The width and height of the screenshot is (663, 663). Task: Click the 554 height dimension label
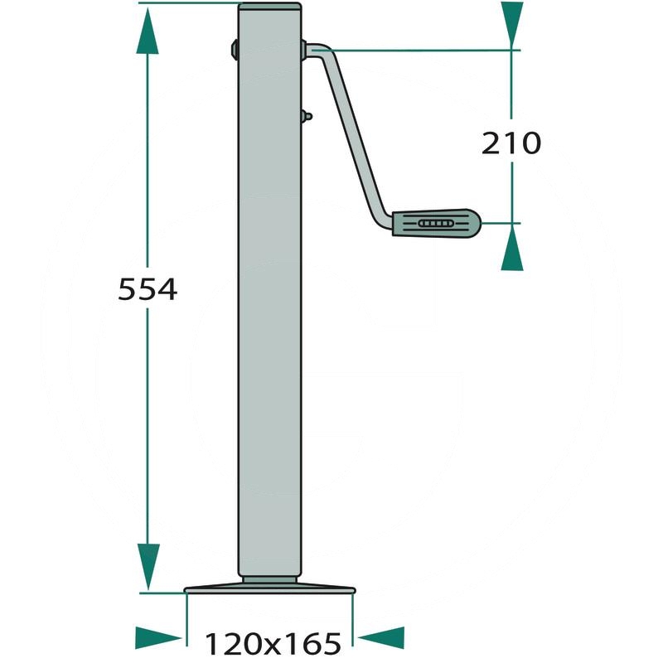pos(148,289)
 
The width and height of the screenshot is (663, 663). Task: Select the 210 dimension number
pos(511,143)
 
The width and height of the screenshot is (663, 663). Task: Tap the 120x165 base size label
pos(273,642)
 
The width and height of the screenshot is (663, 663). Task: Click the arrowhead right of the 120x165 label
pos(383,638)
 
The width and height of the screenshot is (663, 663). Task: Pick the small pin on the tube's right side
pos(307,117)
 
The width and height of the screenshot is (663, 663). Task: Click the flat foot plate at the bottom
pos(270,590)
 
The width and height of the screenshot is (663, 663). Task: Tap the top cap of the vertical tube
pos(269,7)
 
